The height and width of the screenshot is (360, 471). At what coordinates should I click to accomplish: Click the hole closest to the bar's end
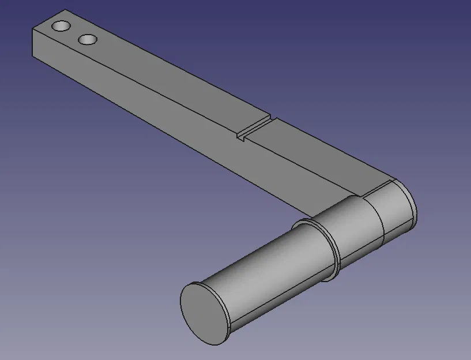(61, 27)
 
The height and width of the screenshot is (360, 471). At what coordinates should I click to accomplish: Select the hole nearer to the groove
(87, 39)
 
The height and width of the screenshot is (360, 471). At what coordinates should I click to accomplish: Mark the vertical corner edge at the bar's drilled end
(32, 43)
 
